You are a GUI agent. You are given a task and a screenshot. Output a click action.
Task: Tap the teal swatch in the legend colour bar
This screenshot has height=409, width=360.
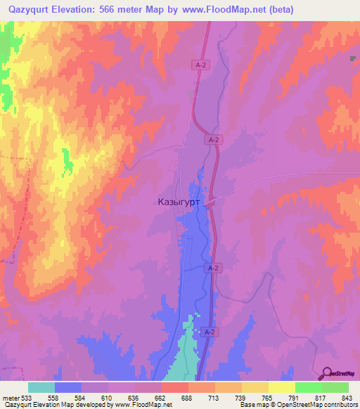point(41,388)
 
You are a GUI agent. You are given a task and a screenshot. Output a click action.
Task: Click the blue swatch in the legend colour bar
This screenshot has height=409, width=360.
point(68,388)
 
